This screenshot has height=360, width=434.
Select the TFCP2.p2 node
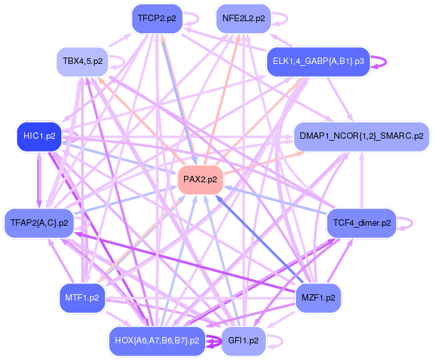(x=157, y=19)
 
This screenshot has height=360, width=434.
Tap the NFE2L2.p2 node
(x=244, y=19)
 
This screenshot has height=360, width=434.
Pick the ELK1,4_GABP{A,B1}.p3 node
(x=318, y=61)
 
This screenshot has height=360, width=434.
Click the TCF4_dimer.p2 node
(x=361, y=223)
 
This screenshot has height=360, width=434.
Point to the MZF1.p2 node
(x=319, y=297)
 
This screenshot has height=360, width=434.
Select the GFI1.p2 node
(x=243, y=340)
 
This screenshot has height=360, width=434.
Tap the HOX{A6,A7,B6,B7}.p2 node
(x=157, y=340)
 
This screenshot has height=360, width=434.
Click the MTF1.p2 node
(x=82, y=297)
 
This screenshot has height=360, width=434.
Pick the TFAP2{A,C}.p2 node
(x=39, y=223)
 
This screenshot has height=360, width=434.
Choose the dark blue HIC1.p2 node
(x=39, y=136)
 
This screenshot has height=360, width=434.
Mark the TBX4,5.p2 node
(x=82, y=61)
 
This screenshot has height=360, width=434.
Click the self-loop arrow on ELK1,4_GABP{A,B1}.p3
(x=380, y=61)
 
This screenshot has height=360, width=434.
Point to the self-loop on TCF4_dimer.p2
(x=407, y=223)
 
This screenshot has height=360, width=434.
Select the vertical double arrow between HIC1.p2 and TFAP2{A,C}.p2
(x=39, y=180)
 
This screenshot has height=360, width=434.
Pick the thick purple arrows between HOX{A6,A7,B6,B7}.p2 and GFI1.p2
(x=213, y=340)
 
